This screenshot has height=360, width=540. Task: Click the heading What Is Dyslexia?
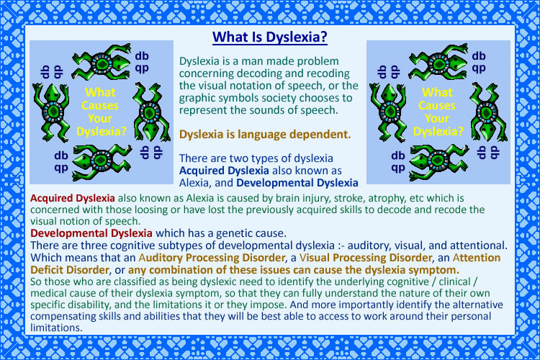[270, 35]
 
